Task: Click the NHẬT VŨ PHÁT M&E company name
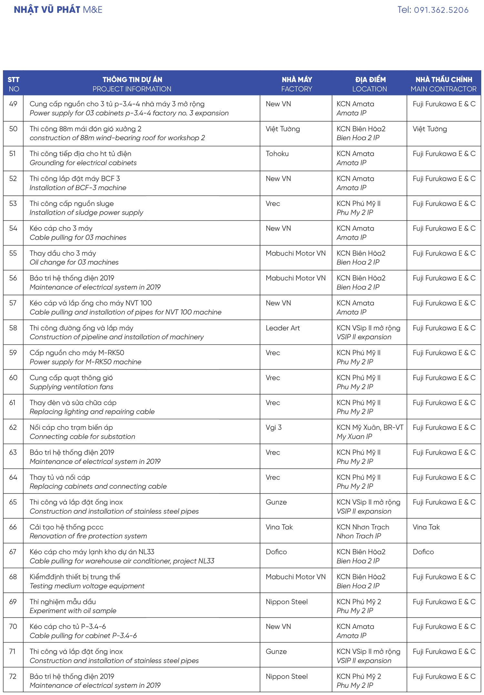click(58, 10)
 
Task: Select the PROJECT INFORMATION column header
click(132, 89)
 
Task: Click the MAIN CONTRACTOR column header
click(443, 89)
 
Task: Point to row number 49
click(13, 104)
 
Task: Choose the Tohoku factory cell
click(277, 154)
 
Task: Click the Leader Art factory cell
click(283, 328)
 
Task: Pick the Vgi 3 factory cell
click(274, 428)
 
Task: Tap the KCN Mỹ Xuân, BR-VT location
click(370, 428)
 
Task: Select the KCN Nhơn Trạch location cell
click(363, 527)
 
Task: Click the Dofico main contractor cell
click(423, 552)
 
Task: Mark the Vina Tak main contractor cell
click(426, 527)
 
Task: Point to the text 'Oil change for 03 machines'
click(74, 262)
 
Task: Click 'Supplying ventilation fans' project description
click(71, 387)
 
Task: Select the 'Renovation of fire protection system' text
click(88, 536)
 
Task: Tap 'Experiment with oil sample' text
click(73, 611)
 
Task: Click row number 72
click(13, 676)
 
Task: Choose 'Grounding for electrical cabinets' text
click(83, 163)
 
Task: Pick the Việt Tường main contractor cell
click(429, 129)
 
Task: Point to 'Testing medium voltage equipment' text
click(87, 586)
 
